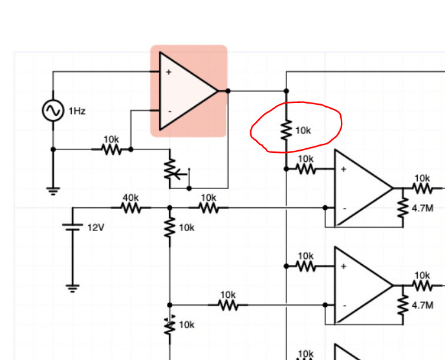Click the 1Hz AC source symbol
(53, 111)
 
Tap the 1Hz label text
(77, 111)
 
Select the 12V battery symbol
(72, 227)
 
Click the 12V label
(96, 228)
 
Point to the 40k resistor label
(131, 197)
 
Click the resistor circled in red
(287, 130)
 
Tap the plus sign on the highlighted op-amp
(169, 72)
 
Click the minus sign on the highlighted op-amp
(169, 111)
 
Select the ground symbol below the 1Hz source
(53, 191)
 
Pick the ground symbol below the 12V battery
(72, 288)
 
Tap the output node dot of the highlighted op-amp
(228, 91)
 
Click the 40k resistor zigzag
(131, 208)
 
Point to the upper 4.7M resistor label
(422, 208)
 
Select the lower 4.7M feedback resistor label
(422, 306)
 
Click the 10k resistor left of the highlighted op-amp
(111, 150)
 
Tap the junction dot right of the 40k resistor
(169, 208)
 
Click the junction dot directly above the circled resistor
(287, 91)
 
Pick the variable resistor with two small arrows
(169, 326)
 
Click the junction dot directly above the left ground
(53, 150)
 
